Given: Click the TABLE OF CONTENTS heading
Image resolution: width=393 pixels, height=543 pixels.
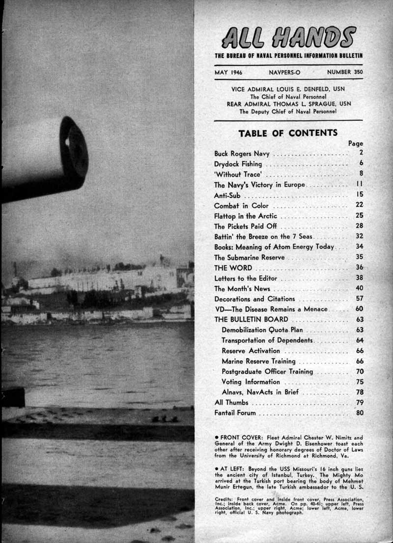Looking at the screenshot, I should click(288, 132).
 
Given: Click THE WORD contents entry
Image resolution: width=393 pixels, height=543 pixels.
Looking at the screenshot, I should click(233, 268).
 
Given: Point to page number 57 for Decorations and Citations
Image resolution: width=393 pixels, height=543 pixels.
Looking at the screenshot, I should click(359, 298).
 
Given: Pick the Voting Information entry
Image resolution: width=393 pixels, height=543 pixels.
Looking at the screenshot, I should click(251, 382).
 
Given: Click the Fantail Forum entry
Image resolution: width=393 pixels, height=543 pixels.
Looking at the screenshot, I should click(235, 413).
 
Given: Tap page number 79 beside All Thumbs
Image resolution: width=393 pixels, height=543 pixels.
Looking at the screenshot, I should click(359, 403).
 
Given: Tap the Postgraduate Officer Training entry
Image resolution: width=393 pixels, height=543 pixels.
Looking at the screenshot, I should click(267, 371).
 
